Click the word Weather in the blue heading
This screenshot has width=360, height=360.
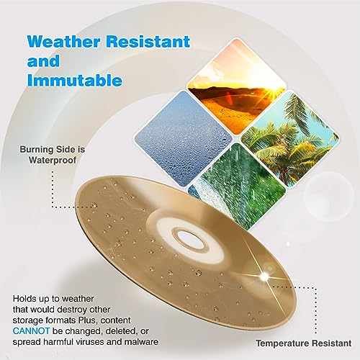[63, 42]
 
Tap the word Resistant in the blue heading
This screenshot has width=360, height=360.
[148, 42]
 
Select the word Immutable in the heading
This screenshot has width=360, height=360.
[75, 80]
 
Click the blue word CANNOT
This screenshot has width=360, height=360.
[31, 331]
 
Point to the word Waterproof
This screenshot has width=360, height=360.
[53, 160]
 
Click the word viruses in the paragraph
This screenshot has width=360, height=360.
[89, 342]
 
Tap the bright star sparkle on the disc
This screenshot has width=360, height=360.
[264, 276]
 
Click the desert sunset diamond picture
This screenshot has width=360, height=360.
[236, 86]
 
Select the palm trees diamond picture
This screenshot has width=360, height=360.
[290, 138]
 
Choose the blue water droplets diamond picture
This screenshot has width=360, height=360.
[183, 139]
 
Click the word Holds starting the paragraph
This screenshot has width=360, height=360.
[23, 299]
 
